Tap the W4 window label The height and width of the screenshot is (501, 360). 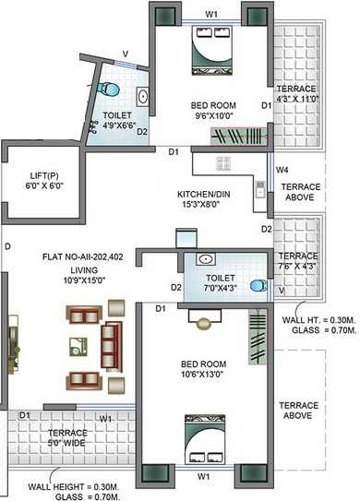point(284,170)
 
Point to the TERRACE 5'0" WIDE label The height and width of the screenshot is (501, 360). point(67,439)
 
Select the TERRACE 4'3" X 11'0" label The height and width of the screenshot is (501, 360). point(297,91)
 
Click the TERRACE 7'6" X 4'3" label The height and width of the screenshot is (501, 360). point(298,261)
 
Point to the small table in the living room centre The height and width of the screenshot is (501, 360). point(75,347)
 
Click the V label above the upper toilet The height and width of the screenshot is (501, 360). point(126,54)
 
